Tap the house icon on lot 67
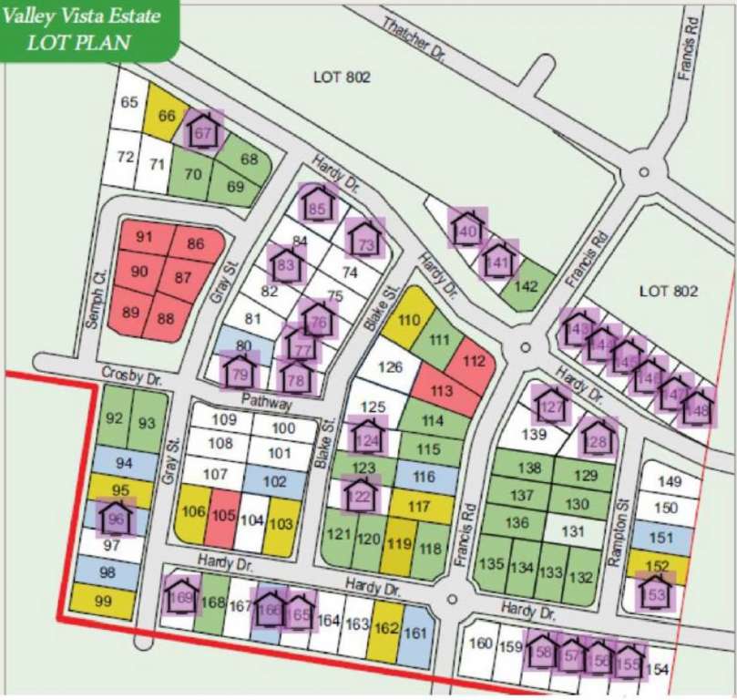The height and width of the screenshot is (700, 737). pos(203,131)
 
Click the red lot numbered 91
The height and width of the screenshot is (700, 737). pos(144,238)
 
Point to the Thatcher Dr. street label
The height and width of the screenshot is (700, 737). pos(415,41)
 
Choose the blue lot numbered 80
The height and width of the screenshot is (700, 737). pos(242,345)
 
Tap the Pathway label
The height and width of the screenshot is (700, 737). pos(267,401)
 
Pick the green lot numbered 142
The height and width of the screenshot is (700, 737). pos(527,284)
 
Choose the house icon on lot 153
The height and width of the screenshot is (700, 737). pos(655,592)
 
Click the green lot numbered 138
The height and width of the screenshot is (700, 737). pos(529,468)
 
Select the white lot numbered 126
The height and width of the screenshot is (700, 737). pos(390,368)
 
